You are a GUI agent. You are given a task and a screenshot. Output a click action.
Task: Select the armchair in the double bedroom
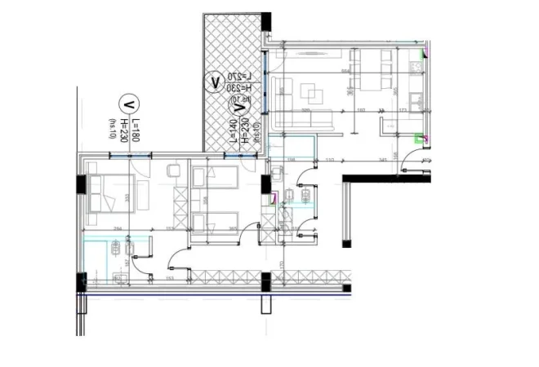[173, 171]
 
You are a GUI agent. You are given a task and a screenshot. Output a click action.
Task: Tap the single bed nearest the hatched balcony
[214, 175]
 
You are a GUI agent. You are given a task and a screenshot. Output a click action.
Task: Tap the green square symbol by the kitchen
[421, 139]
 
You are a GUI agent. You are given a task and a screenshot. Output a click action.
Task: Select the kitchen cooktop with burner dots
[416, 102]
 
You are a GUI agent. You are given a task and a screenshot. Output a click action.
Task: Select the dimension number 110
[330, 160]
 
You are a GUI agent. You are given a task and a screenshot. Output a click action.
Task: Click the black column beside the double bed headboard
[81, 184]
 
